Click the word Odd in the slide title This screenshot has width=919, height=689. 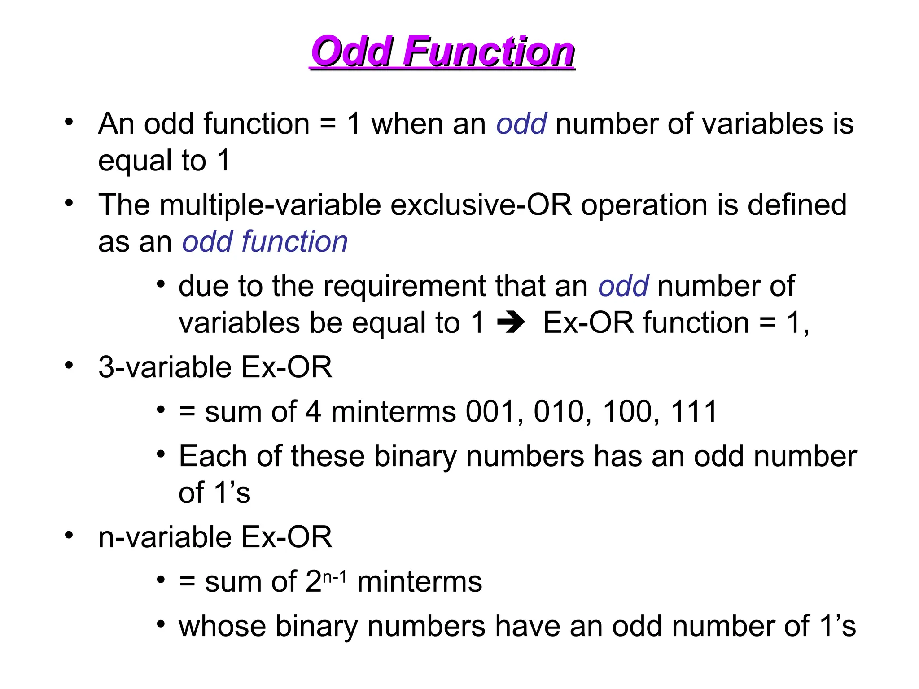352,52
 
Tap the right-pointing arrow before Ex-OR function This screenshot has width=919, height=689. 511,323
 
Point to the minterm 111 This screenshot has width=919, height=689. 694,412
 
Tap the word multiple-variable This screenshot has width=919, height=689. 271,205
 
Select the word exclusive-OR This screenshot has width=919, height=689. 481,205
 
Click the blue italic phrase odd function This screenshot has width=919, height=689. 265,242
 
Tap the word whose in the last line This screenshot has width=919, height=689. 222,626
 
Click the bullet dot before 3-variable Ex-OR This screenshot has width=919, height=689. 69,365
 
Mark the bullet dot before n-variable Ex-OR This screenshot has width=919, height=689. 69,535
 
